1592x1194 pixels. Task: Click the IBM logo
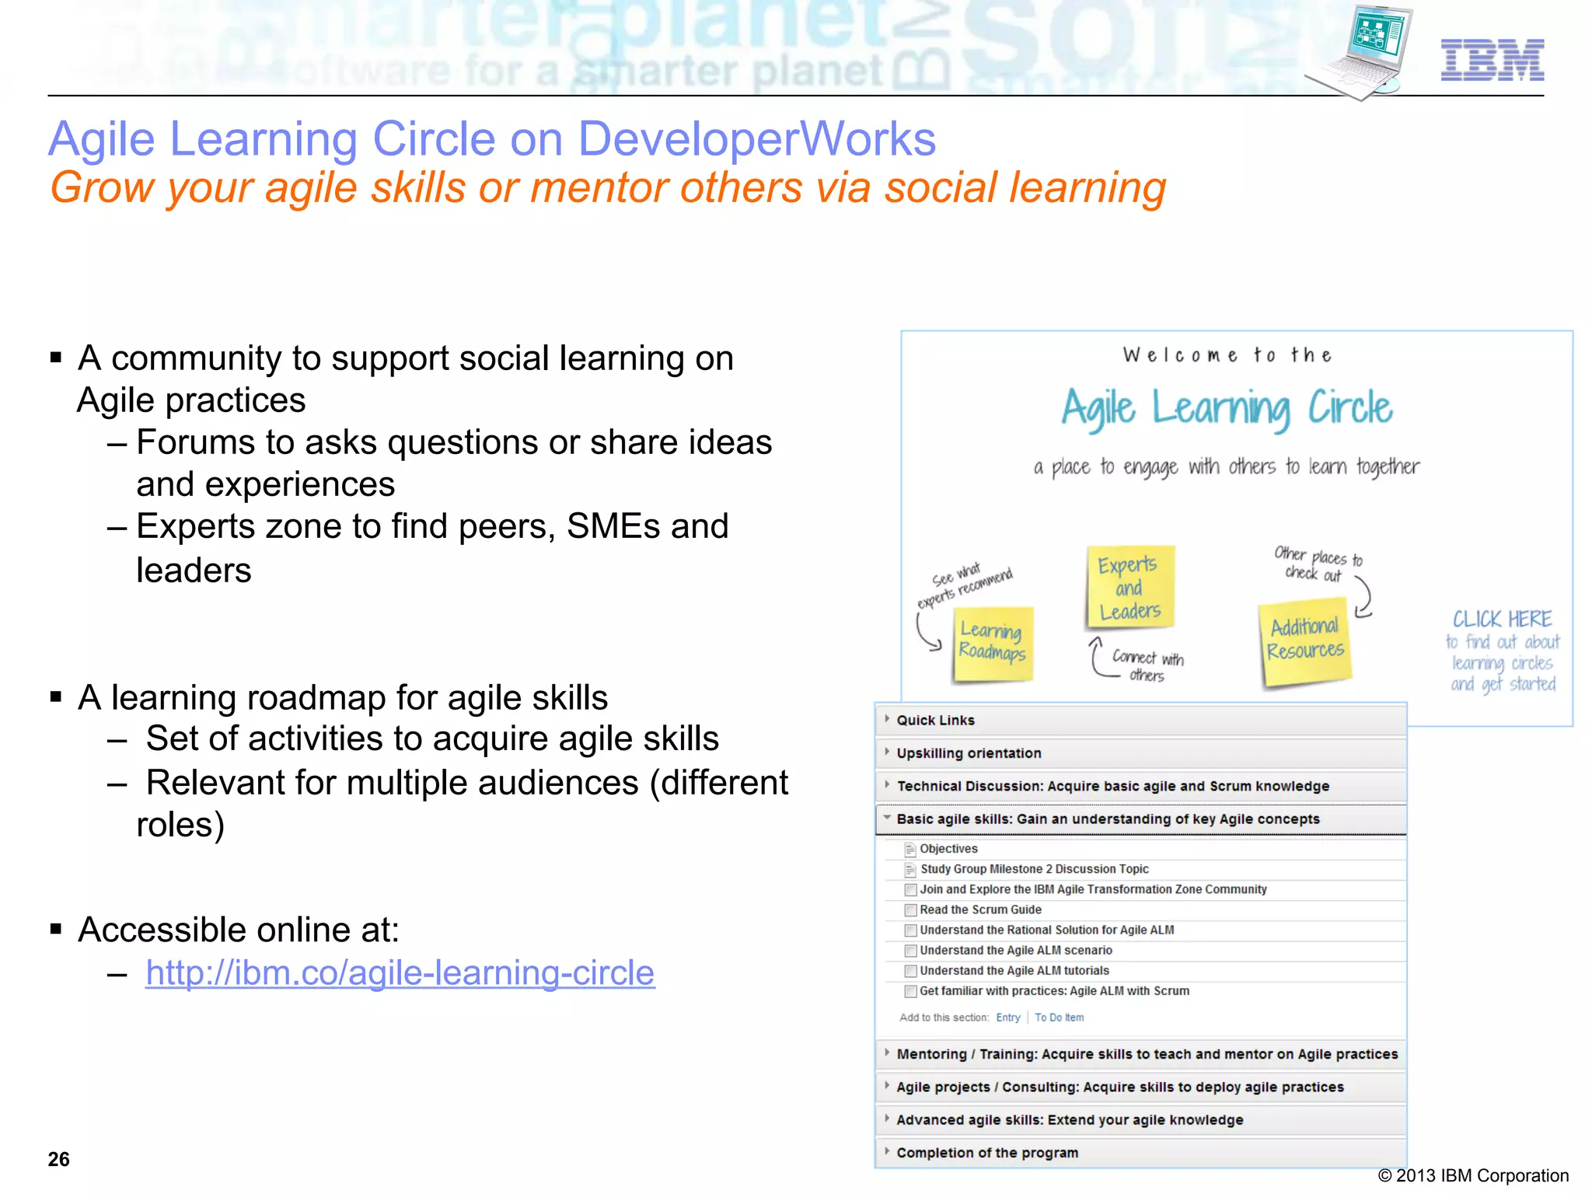1492,60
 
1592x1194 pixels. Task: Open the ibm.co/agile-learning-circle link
400,972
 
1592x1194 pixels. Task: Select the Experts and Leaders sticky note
1129,588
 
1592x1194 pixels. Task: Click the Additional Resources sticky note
1305,641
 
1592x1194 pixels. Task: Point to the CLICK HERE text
1502,620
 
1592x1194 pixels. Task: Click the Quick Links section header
935,721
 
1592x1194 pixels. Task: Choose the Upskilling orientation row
969,753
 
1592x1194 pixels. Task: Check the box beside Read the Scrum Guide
910,910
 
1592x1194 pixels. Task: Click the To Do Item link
1059,1018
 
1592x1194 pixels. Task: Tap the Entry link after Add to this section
1007,1018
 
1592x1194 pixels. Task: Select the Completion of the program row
986,1153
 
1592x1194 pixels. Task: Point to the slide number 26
59,1159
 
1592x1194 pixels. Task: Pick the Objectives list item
948,849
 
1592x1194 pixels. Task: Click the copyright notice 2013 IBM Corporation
1473,1175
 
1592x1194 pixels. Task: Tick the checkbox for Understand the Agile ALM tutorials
910,971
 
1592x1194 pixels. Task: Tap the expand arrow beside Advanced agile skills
887,1119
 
